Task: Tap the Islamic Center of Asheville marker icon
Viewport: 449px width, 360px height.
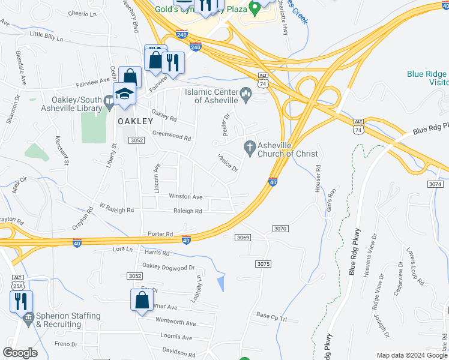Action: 246,94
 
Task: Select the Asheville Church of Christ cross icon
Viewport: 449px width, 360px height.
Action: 250,146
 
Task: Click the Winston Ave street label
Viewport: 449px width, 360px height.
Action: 185,196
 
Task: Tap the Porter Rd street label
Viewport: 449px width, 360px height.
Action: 160,234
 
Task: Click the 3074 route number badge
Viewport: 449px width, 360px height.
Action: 436,184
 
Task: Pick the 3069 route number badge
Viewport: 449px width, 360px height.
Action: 243,238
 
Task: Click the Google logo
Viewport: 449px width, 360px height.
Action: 20,353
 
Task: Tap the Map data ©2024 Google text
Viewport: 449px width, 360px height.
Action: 411,355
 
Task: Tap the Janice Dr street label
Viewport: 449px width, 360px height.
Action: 228,161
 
